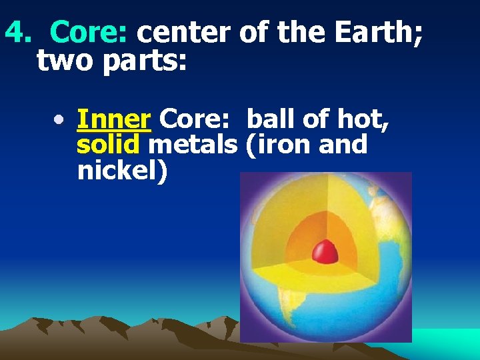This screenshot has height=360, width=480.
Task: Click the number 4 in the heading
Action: [14, 31]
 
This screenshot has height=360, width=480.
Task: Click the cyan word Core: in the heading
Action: [93, 31]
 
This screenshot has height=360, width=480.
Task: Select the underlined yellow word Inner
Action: [113, 120]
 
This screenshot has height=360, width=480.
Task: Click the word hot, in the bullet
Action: [363, 120]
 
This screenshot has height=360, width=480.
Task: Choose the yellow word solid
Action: [108, 145]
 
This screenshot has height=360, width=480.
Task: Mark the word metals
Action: [193, 145]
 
